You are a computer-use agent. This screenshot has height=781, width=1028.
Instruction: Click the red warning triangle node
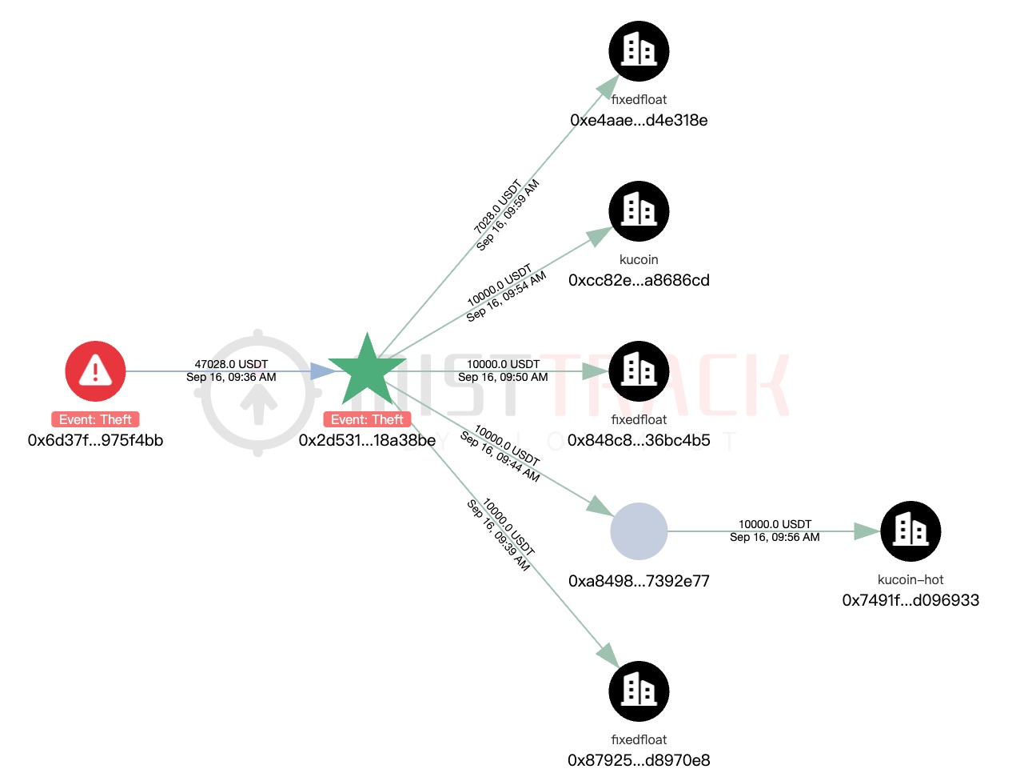pyautogui.click(x=95, y=370)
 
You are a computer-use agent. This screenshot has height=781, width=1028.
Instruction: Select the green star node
pyautogui.click(x=367, y=370)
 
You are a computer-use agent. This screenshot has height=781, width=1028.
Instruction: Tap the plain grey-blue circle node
pyautogui.click(x=639, y=531)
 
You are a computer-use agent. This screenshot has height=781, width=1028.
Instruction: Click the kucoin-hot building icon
pyautogui.click(x=910, y=531)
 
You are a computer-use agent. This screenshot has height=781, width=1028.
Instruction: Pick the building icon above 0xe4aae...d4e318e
pyautogui.click(x=639, y=50)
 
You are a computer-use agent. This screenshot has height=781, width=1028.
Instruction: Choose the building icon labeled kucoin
pyautogui.click(x=639, y=211)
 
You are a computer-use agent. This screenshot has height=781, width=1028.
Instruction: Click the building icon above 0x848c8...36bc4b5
pyautogui.click(x=639, y=370)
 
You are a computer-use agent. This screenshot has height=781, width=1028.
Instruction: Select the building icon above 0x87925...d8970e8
pyautogui.click(x=639, y=691)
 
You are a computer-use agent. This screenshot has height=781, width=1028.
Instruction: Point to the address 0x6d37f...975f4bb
pyautogui.click(x=95, y=440)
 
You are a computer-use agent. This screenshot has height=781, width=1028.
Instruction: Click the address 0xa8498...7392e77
pyautogui.click(x=639, y=581)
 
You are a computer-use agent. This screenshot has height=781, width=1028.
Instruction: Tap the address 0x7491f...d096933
pyautogui.click(x=910, y=600)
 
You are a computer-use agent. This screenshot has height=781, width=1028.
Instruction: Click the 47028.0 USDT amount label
pyautogui.click(x=231, y=364)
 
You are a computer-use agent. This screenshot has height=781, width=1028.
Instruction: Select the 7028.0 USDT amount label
pyautogui.click(x=497, y=206)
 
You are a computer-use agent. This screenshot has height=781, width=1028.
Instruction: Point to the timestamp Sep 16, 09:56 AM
pyautogui.click(x=774, y=537)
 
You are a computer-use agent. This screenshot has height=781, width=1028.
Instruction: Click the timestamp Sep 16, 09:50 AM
pyautogui.click(x=503, y=377)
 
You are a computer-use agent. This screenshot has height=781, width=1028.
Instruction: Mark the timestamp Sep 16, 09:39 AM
pyautogui.click(x=498, y=535)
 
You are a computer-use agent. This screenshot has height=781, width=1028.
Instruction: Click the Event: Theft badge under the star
pyautogui.click(x=367, y=419)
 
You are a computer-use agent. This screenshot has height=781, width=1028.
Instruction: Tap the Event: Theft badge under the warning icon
pyautogui.click(x=95, y=419)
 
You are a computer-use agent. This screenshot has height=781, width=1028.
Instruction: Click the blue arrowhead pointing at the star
pyautogui.click(x=323, y=370)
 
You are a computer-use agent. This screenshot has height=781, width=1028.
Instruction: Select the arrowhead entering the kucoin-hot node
pyautogui.click(x=867, y=531)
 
